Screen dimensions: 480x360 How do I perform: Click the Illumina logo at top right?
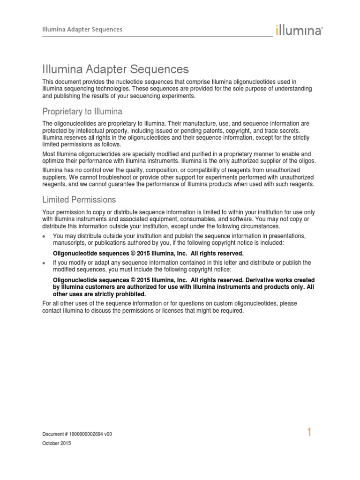point(299,30)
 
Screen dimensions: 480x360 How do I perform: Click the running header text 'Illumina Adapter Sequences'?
point(82,30)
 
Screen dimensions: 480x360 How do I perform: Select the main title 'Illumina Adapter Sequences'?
point(115,70)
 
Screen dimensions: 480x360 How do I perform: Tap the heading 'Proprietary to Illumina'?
point(82,112)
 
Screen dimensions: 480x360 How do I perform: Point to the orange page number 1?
point(309,432)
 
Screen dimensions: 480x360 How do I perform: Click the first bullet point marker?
point(44,236)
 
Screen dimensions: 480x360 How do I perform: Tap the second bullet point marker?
point(44,263)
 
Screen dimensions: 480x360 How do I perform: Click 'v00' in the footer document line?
point(108,434)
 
